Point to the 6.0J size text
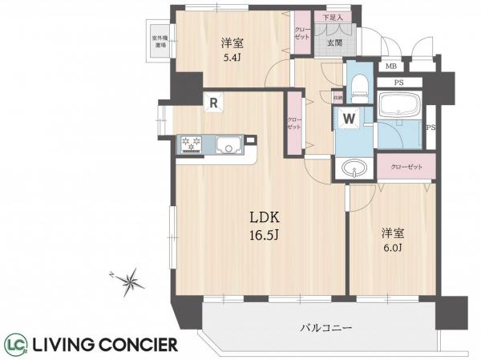coord(392,249)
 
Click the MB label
coord(391,67)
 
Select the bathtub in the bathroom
coord(397,104)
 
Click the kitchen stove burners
coord(190,144)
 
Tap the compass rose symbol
coord(127,281)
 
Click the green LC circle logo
coord(15,345)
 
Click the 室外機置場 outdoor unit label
coord(160,41)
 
